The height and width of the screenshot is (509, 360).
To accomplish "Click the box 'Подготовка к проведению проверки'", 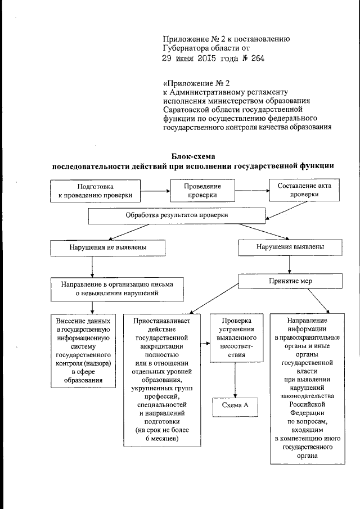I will [95, 191].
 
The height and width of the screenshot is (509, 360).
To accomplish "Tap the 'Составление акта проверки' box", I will [304, 190].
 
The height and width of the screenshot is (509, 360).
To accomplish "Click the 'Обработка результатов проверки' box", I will [177, 215].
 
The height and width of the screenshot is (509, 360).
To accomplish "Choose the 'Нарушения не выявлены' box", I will [108, 247].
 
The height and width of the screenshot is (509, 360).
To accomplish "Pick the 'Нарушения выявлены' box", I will [290, 247].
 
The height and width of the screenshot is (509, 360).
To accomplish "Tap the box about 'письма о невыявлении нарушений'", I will [117, 289].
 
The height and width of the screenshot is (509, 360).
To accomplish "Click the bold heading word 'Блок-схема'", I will [193, 156].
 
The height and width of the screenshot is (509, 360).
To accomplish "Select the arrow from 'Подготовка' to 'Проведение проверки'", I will [156, 191].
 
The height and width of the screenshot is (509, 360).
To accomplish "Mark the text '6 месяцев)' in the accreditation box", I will [161, 439].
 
